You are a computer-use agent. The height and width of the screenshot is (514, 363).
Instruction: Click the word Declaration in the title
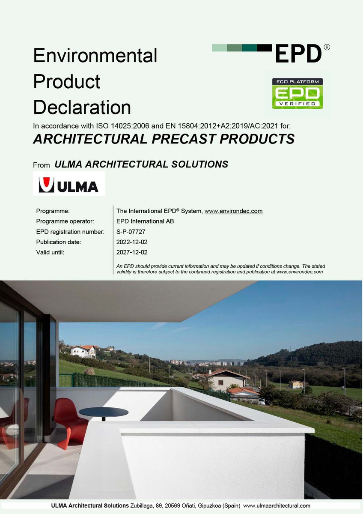tap(82, 108)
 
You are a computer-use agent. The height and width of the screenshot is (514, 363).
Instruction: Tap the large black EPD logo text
tap(298, 54)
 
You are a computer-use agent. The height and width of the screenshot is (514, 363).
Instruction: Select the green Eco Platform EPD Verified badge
tap(298, 93)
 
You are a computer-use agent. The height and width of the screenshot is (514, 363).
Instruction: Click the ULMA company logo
tap(69, 184)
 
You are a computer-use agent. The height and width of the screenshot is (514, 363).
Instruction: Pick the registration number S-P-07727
tap(131, 232)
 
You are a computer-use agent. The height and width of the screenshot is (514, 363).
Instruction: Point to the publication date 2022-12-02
tap(132, 242)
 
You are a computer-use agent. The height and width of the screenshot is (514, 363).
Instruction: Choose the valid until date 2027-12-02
tap(132, 252)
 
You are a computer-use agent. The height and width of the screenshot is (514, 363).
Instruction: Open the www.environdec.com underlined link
tap(233, 211)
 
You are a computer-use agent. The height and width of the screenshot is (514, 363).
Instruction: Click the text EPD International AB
tap(145, 221)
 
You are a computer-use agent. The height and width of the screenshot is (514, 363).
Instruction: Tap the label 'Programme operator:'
tap(65, 221)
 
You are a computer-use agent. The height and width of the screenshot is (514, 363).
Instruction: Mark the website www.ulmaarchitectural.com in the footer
tap(277, 505)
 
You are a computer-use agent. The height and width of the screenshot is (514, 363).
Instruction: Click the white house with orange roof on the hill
tap(83, 351)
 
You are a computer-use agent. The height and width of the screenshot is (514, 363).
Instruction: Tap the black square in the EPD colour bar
tap(265, 48)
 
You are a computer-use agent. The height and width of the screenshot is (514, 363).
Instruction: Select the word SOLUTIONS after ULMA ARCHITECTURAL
tap(199, 164)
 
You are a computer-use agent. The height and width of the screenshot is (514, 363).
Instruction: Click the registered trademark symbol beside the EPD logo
tap(327, 47)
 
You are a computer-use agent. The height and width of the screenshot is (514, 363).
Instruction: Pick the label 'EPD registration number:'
tap(70, 232)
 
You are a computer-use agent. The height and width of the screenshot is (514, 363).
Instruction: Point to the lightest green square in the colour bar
tap(220, 48)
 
